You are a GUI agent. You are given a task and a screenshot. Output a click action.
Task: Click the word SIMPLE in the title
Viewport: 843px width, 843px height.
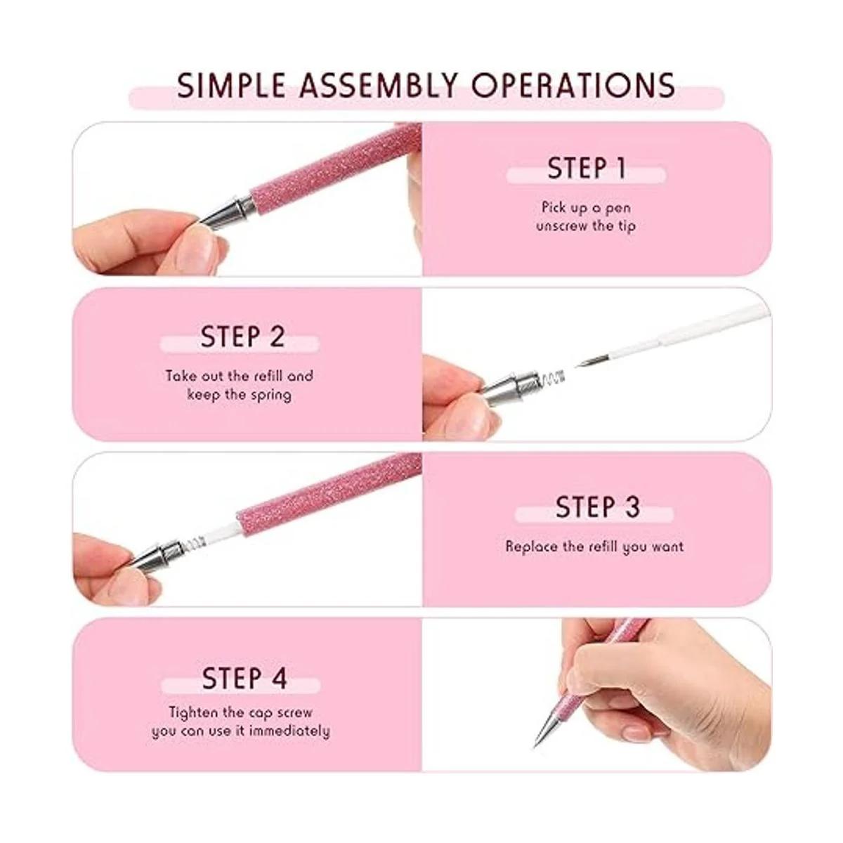[x=231, y=85]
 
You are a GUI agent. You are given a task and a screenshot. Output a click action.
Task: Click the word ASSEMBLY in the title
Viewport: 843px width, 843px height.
[x=379, y=85]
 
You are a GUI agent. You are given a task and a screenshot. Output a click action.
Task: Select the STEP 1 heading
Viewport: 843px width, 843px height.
[x=587, y=168]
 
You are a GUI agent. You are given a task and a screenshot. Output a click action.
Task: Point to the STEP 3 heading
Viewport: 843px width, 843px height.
[x=598, y=507]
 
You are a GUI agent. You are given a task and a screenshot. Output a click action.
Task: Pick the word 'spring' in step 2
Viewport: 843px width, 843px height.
[x=271, y=396]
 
